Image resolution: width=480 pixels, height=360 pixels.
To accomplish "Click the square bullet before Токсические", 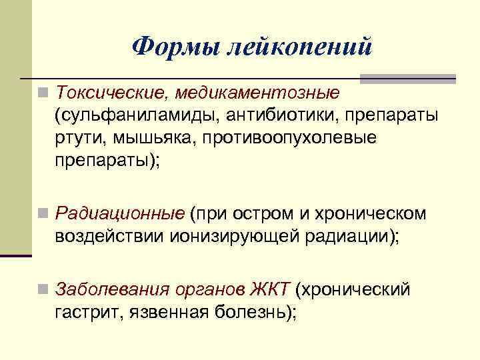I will click(x=43, y=91).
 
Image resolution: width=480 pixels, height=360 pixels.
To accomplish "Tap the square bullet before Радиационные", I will click(x=43, y=214).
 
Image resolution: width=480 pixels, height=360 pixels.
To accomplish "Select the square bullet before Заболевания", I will click(x=43, y=290).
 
